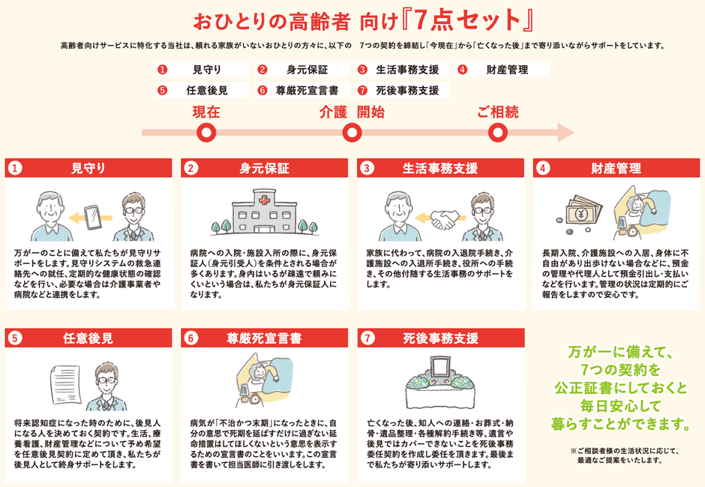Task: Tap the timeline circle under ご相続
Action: (498, 134)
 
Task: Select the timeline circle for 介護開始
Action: (352, 134)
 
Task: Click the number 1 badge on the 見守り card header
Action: (16, 168)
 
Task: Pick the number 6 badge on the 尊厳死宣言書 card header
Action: (191, 338)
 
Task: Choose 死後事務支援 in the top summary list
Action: (407, 91)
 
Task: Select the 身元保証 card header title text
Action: (264, 168)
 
